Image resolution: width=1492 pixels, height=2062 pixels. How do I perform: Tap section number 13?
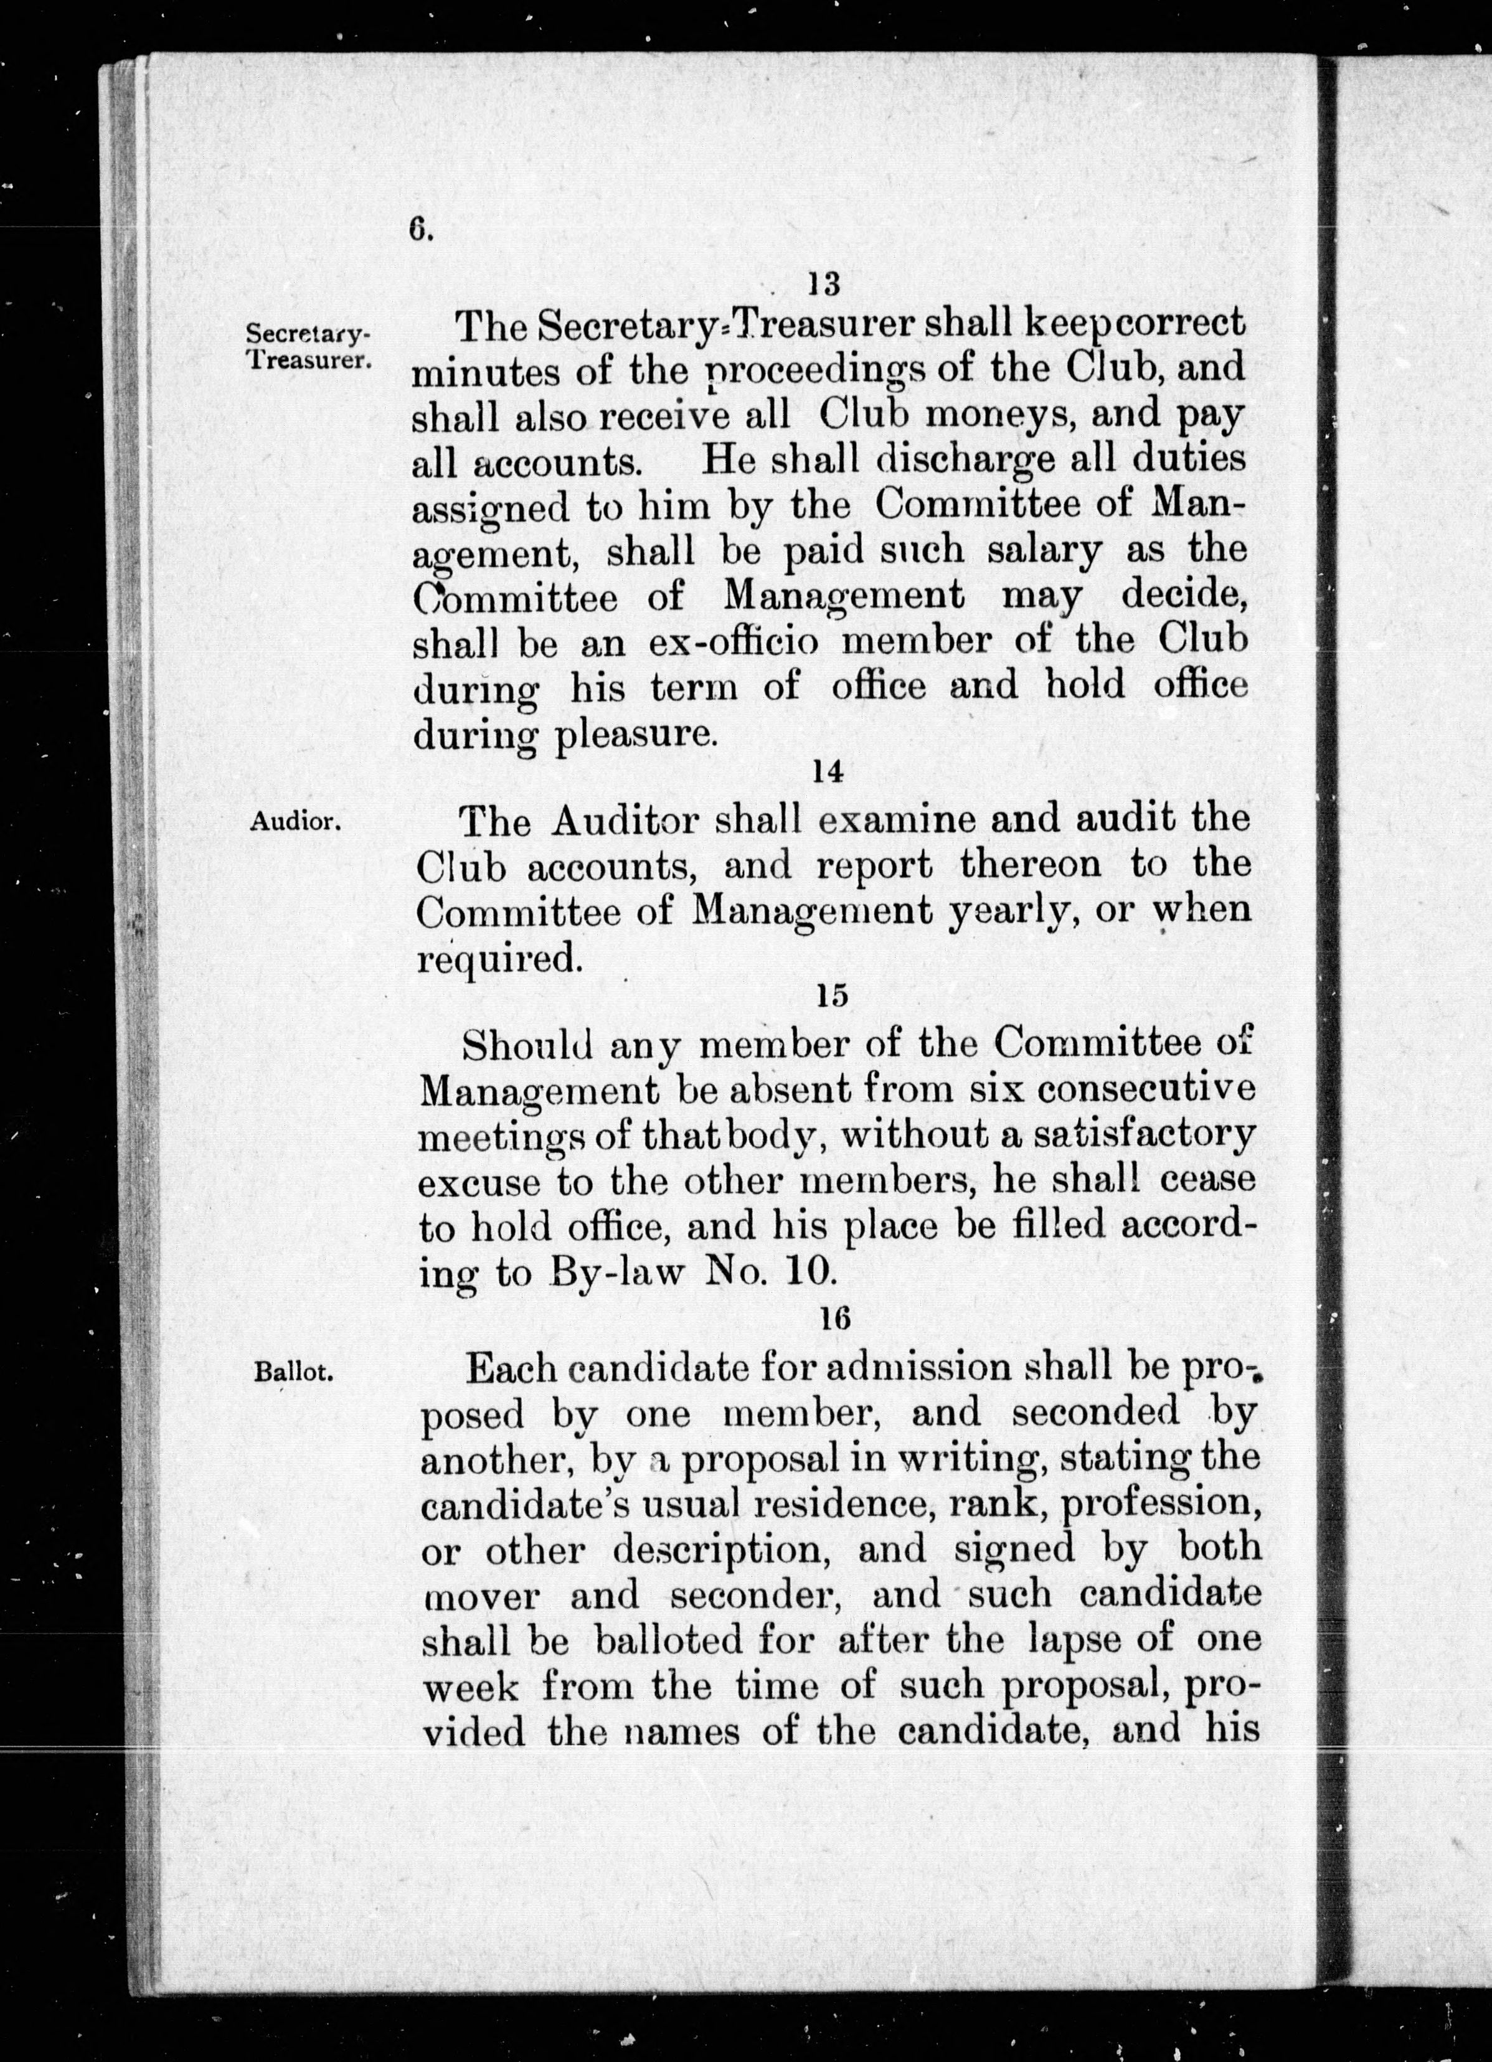pos(824,285)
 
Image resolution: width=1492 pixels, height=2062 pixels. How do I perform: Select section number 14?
pos(829,771)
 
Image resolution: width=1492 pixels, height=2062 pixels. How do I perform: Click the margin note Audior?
pos(296,822)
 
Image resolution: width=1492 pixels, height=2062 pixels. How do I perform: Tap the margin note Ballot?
pos(294,1375)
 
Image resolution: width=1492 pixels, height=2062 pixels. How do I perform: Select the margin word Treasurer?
pos(308,358)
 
